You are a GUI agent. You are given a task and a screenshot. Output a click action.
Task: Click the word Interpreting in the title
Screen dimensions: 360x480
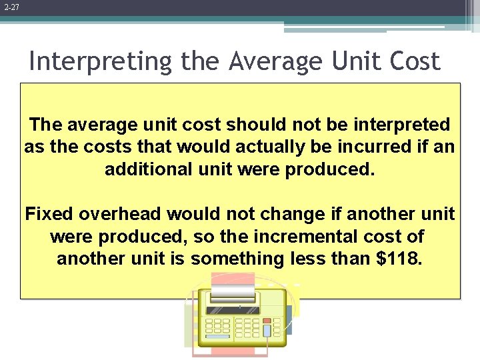pos(101,61)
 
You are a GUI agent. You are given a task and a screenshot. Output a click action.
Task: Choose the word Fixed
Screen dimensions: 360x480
pos(49,214)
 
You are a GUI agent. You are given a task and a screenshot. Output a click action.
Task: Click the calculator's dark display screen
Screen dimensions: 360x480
pos(233,309)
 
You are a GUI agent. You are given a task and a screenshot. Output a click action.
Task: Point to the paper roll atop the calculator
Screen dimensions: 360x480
pos(233,292)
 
